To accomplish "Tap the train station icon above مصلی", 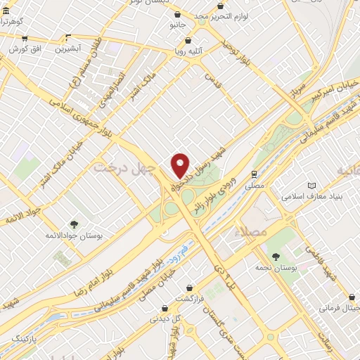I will pos(253,172).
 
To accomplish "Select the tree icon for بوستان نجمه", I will pos(274,257).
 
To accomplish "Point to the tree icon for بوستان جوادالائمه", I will pos(74,224).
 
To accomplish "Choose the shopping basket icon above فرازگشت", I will pos(190,287).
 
